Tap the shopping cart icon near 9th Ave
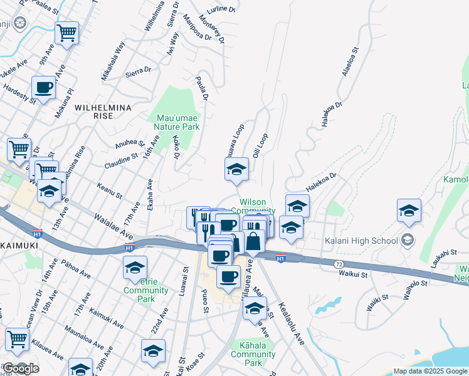(67, 33)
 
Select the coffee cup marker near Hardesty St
(44, 88)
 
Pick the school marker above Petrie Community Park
(135, 268)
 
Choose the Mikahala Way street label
(113, 60)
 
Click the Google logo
(20, 368)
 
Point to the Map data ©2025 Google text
(430, 371)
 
